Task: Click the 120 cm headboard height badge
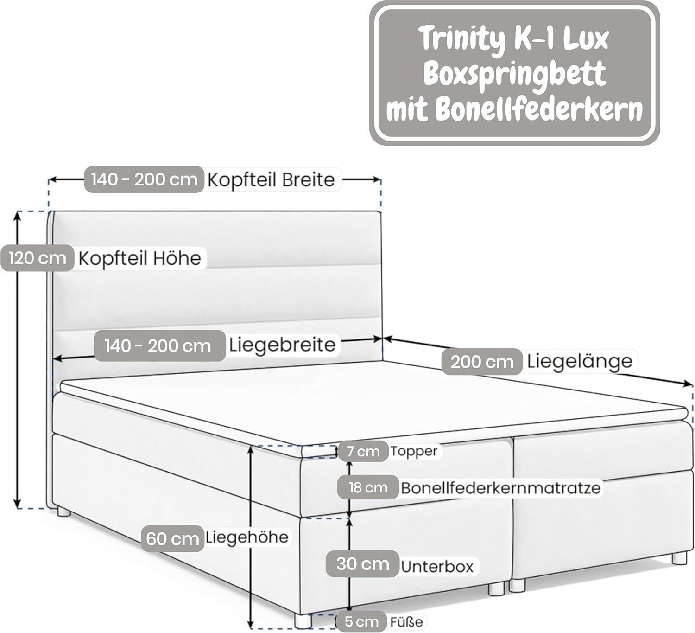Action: click(x=37, y=258)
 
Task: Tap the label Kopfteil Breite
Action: click(x=271, y=179)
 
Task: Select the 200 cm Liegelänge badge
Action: click(x=482, y=362)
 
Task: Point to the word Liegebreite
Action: click(x=282, y=345)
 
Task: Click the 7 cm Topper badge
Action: click(x=362, y=451)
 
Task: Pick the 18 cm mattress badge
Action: click(x=368, y=487)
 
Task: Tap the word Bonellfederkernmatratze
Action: click(x=500, y=488)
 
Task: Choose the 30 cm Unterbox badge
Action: click(x=362, y=564)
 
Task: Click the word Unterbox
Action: click(x=437, y=566)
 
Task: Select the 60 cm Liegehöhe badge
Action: click(x=172, y=538)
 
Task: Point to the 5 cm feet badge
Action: click(x=362, y=621)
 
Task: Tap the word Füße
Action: click(x=406, y=621)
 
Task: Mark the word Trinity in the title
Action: click(x=461, y=40)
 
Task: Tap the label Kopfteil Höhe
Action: click(x=139, y=258)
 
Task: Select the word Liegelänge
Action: click(x=579, y=361)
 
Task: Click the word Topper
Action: click(x=413, y=451)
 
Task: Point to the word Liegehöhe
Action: click(x=246, y=537)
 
